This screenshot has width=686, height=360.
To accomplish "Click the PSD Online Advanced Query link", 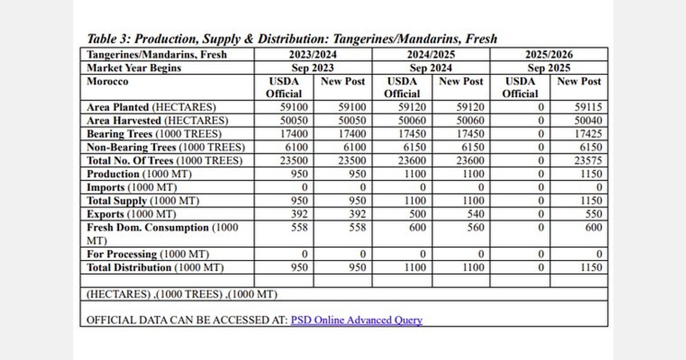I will pyautogui.click(x=356, y=320).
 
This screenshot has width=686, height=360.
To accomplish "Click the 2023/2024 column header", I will pyautogui.click(x=313, y=55).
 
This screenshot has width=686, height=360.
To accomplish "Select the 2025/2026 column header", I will pyautogui.click(x=548, y=55).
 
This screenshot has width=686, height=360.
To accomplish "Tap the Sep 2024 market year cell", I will pyautogui.click(x=430, y=68).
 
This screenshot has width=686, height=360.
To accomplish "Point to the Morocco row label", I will pyautogui.click(x=107, y=81).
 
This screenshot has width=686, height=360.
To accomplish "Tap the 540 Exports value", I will pyautogui.click(x=474, y=214).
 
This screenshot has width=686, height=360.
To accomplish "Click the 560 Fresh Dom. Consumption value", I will pyautogui.click(x=474, y=227).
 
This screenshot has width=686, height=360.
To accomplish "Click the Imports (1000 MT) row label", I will pyautogui.click(x=131, y=187).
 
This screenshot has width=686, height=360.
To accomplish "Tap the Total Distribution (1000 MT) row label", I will pyautogui.click(x=155, y=267).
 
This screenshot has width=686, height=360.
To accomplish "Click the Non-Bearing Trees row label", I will pyautogui.click(x=166, y=147).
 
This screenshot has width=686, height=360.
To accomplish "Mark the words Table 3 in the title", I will pyautogui.click(x=108, y=39).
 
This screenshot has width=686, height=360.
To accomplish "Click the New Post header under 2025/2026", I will pyautogui.click(x=579, y=81).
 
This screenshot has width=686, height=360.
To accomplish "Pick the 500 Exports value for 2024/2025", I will pyautogui.click(x=415, y=214).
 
